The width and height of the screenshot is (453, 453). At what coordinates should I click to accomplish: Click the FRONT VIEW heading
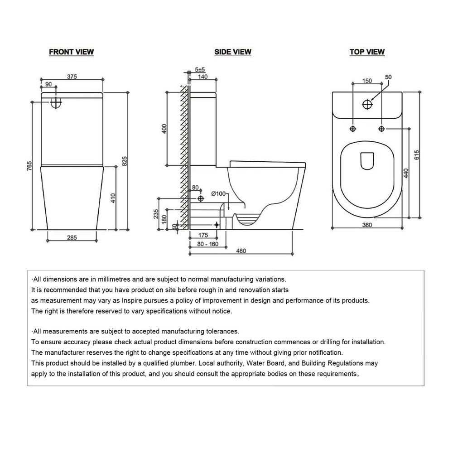pos(72,52)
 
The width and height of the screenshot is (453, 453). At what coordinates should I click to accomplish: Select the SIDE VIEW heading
pos(232,52)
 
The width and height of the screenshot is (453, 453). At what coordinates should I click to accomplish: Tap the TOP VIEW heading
pos(367,52)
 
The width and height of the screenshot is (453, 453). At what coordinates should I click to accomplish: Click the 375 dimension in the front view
pos(72,77)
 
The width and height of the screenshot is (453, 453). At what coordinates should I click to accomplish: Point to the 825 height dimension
pos(125,161)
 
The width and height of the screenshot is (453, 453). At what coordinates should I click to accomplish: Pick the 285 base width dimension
pos(72,237)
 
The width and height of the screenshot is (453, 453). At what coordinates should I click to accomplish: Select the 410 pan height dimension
pos(113,198)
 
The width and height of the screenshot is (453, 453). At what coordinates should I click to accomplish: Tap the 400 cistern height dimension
pos(164,129)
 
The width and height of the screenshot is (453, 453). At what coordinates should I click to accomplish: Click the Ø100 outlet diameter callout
pos(218,193)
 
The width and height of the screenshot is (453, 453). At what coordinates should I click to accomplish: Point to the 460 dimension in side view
pos(241,251)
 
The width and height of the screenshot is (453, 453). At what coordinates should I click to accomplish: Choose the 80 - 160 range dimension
pos(208,244)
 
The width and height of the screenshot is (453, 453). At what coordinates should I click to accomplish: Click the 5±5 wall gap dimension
pos(200,70)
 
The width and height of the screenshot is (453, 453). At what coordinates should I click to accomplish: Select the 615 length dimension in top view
pos(417,155)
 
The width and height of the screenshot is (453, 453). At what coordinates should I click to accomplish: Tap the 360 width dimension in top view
pos(367,225)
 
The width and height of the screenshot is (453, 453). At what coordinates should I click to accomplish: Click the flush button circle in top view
pos(367,104)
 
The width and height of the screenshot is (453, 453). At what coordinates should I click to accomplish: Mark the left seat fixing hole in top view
pos(353,129)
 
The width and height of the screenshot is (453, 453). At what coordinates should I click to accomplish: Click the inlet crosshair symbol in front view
pos(56,102)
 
